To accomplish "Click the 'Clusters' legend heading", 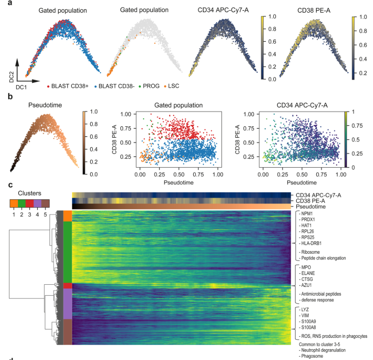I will tap(29, 193).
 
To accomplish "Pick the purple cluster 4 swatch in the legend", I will tap(37, 202).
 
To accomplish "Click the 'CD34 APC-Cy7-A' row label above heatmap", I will tap(318, 195).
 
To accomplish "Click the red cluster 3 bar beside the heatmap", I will tap(67, 286).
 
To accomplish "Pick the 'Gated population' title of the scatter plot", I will tap(178, 105).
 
